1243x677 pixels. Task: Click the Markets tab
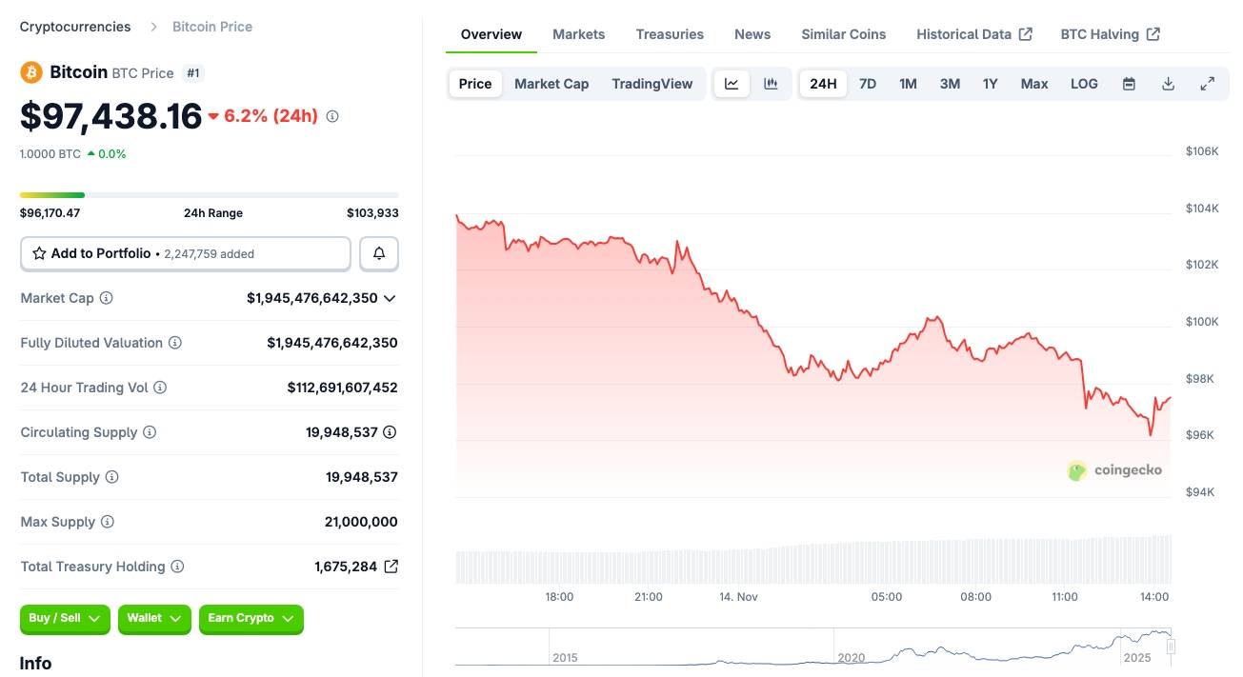click(578, 34)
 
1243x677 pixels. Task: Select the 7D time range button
click(867, 84)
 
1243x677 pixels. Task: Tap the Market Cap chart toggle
click(551, 84)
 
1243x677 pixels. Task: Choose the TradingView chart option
click(652, 84)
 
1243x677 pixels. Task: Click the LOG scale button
click(1084, 84)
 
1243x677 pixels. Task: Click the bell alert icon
click(379, 253)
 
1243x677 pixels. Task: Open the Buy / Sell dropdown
click(65, 619)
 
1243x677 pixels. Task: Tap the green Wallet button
click(154, 619)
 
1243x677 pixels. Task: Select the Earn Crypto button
click(251, 619)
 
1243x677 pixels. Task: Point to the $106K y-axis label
click(1201, 151)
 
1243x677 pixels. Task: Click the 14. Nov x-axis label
click(738, 597)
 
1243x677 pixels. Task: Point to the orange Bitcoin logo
click(31, 72)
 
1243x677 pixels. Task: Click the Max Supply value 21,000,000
click(361, 522)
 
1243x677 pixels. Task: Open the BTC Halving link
click(1110, 34)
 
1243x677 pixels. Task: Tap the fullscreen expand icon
click(1207, 84)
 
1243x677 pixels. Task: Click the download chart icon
click(1168, 84)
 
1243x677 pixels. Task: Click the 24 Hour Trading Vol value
click(342, 388)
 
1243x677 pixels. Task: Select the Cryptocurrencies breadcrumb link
click(75, 27)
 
